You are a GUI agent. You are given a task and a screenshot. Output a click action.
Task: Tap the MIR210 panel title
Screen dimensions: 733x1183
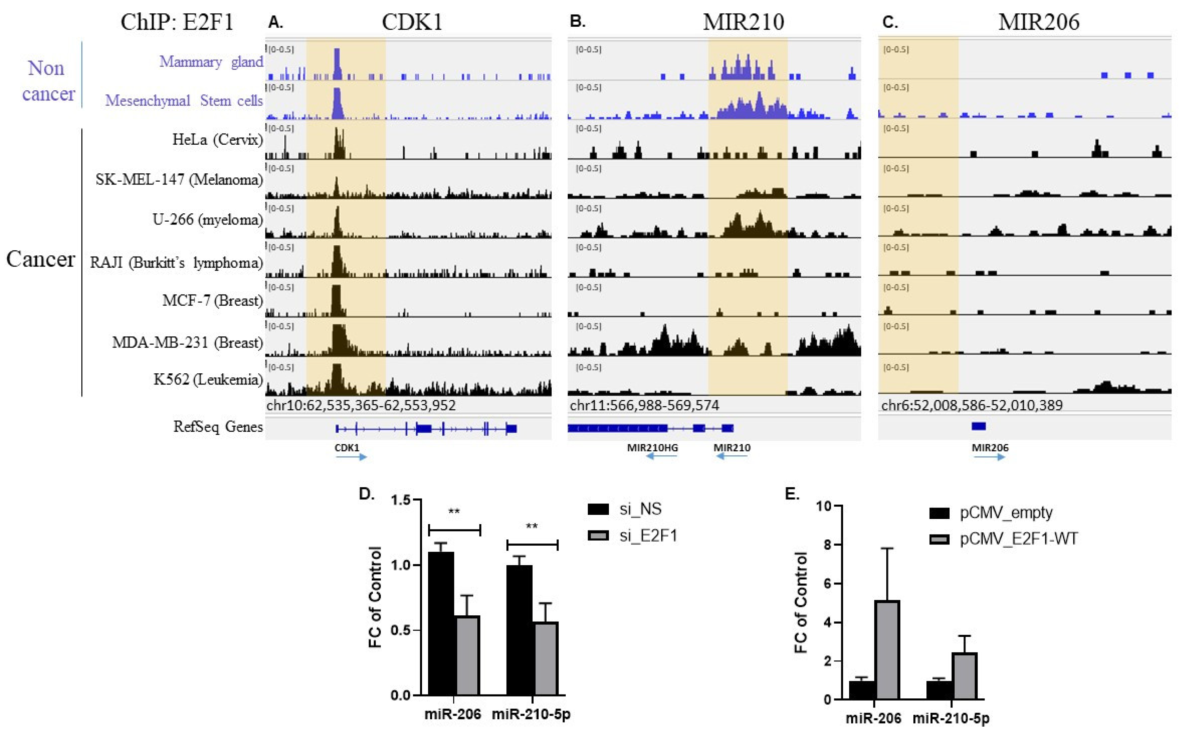(x=743, y=22)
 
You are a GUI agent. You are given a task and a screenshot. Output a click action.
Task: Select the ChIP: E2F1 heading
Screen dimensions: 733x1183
(x=177, y=22)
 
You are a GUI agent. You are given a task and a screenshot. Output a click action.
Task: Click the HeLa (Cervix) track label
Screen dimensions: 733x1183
(x=217, y=140)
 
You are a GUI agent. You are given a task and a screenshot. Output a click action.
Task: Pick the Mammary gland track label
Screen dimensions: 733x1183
(x=211, y=62)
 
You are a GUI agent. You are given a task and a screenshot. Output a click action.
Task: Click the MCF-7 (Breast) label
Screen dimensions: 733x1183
(x=212, y=301)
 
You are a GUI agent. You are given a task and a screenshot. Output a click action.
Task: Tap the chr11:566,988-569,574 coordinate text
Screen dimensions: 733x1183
(x=644, y=405)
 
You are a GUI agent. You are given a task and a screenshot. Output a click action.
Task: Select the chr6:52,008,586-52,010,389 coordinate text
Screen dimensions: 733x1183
(x=972, y=405)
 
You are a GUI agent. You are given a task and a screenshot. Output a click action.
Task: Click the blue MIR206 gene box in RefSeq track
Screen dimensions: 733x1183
(x=979, y=426)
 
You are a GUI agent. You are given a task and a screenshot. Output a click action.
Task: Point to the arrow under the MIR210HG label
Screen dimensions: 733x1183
(x=661, y=456)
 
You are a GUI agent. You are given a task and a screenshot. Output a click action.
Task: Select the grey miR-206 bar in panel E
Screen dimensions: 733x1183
(x=887, y=650)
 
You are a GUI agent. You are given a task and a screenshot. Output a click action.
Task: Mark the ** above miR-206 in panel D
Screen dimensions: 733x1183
(x=454, y=512)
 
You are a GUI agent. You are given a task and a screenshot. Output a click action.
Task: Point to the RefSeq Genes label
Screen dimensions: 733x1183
(x=218, y=427)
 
